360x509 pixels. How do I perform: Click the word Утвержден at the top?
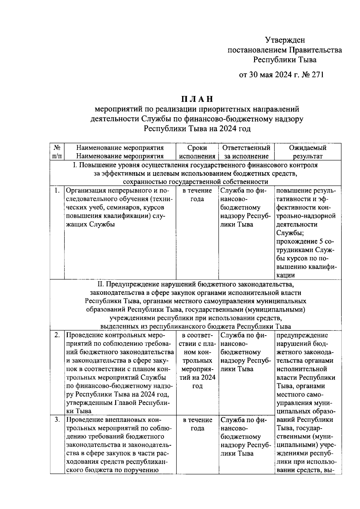coord(285,40)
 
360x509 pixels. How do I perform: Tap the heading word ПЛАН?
coord(197,99)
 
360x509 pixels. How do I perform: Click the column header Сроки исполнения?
coord(197,152)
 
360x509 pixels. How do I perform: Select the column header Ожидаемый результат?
coord(307,152)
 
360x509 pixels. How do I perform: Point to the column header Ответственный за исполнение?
coord(246,152)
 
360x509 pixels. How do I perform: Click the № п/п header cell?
coord(57,152)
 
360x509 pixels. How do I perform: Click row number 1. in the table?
coord(57,190)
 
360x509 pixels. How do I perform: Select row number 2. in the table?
coord(57,335)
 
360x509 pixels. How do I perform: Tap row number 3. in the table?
coord(57,420)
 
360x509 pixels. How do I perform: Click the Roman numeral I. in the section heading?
coord(75,165)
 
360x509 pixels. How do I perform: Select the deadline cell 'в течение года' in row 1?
coord(197,195)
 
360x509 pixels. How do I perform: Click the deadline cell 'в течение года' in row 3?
coord(197,424)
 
